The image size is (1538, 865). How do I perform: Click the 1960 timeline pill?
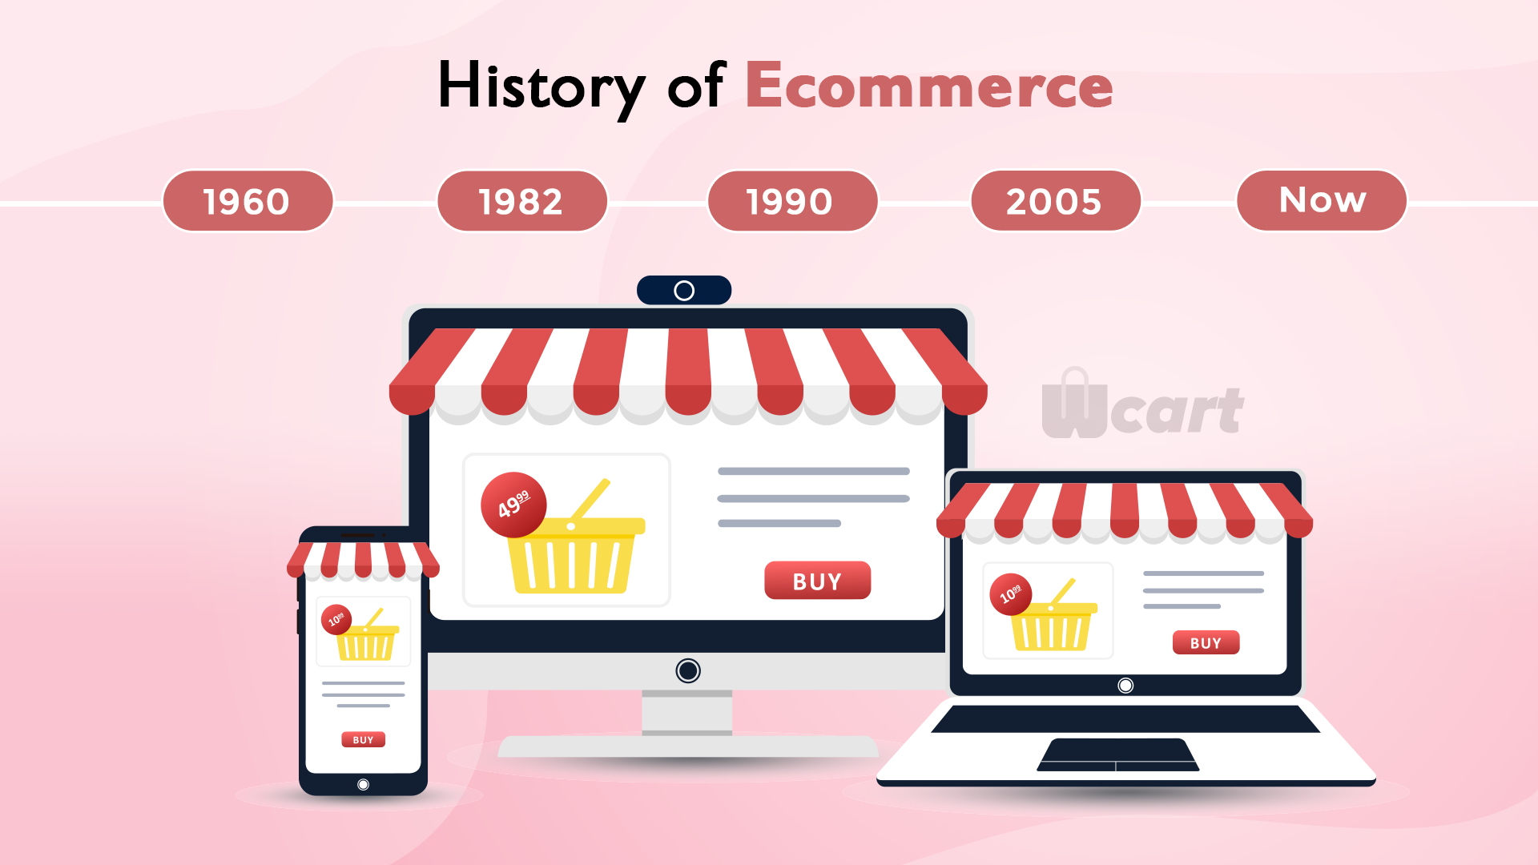pyautogui.click(x=248, y=201)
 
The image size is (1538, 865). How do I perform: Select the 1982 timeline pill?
pyautogui.click(x=521, y=201)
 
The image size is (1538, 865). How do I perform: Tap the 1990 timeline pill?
pyautogui.click(x=792, y=201)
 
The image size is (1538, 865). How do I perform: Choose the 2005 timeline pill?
pyautogui.click(x=1055, y=201)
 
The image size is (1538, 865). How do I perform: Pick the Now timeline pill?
pyautogui.click(x=1322, y=201)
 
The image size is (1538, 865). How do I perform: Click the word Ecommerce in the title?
pyautogui.click(x=929, y=86)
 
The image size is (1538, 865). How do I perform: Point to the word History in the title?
pyautogui.click(x=542, y=88)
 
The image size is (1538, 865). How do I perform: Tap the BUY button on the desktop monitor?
pyautogui.click(x=817, y=581)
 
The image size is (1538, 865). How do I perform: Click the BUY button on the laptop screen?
pyautogui.click(x=1206, y=642)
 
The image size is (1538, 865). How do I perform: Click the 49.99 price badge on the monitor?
pyautogui.click(x=513, y=505)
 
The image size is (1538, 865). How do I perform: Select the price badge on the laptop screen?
pyautogui.click(x=1010, y=594)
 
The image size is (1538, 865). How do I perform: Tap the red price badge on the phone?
pyautogui.click(x=336, y=619)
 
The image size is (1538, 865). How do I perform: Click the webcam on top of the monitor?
pyautogui.click(x=684, y=290)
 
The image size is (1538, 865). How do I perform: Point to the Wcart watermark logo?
pyautogui.click(x=1142, y=404)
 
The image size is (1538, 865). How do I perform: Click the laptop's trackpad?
pyautogui.click(x=1117, y=754)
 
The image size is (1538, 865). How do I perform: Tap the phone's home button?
pyautogui.click(x=363, y=785)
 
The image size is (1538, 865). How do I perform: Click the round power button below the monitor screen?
pyautogui.click(x=688, y=670)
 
